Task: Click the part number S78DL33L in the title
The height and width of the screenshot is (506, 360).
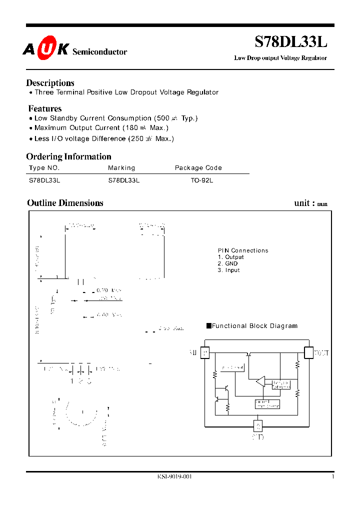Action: (291, 41)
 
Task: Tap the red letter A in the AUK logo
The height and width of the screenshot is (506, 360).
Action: (29, 49)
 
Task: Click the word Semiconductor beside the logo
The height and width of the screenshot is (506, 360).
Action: (100, 52)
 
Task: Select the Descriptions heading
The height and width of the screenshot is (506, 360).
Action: (50, 83)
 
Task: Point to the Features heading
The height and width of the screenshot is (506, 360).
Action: (45, 108)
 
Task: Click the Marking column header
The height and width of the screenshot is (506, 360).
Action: (121, 168)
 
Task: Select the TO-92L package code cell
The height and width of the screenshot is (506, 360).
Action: (201, 180)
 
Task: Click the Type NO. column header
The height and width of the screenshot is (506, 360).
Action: (44, 168)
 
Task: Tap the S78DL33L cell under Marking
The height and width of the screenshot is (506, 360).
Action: (123, 180)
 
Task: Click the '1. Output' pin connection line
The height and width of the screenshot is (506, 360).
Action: (230, 257)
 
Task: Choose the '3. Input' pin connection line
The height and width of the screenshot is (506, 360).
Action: (228, 270)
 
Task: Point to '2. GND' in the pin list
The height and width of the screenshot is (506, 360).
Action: (227, 263)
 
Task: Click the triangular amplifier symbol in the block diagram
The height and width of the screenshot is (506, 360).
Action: (260, 382)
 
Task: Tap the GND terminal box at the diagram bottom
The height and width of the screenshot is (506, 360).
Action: (258, 426)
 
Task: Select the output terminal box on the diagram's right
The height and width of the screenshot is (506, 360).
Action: (308, 353)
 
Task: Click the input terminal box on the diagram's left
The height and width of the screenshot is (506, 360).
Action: (204, 353)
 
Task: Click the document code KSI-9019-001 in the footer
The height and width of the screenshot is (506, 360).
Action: (174, 477)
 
